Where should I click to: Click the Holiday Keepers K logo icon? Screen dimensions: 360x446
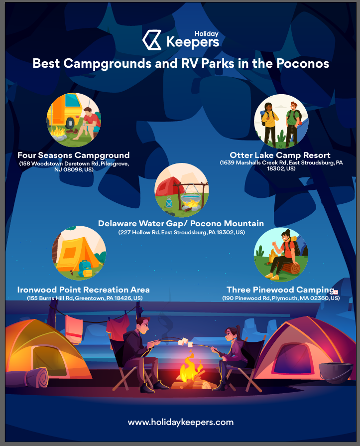[152, 40]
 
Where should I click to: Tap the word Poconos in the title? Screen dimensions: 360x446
[303, 63]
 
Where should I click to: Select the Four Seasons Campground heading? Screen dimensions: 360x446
[74, 155]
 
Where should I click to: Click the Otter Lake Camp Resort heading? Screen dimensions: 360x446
[280, 155]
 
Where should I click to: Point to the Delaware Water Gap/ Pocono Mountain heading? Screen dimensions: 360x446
[181, 224]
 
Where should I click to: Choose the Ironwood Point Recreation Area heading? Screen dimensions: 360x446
[84, 290]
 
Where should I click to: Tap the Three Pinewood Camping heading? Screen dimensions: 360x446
[280, 290]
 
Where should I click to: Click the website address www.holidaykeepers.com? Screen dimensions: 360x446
[181, 423]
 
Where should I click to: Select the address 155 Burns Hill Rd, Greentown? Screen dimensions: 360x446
[85, 298]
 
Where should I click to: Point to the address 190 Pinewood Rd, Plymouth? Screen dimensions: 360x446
[281, 298]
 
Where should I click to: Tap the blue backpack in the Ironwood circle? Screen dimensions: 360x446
[85, 269]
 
